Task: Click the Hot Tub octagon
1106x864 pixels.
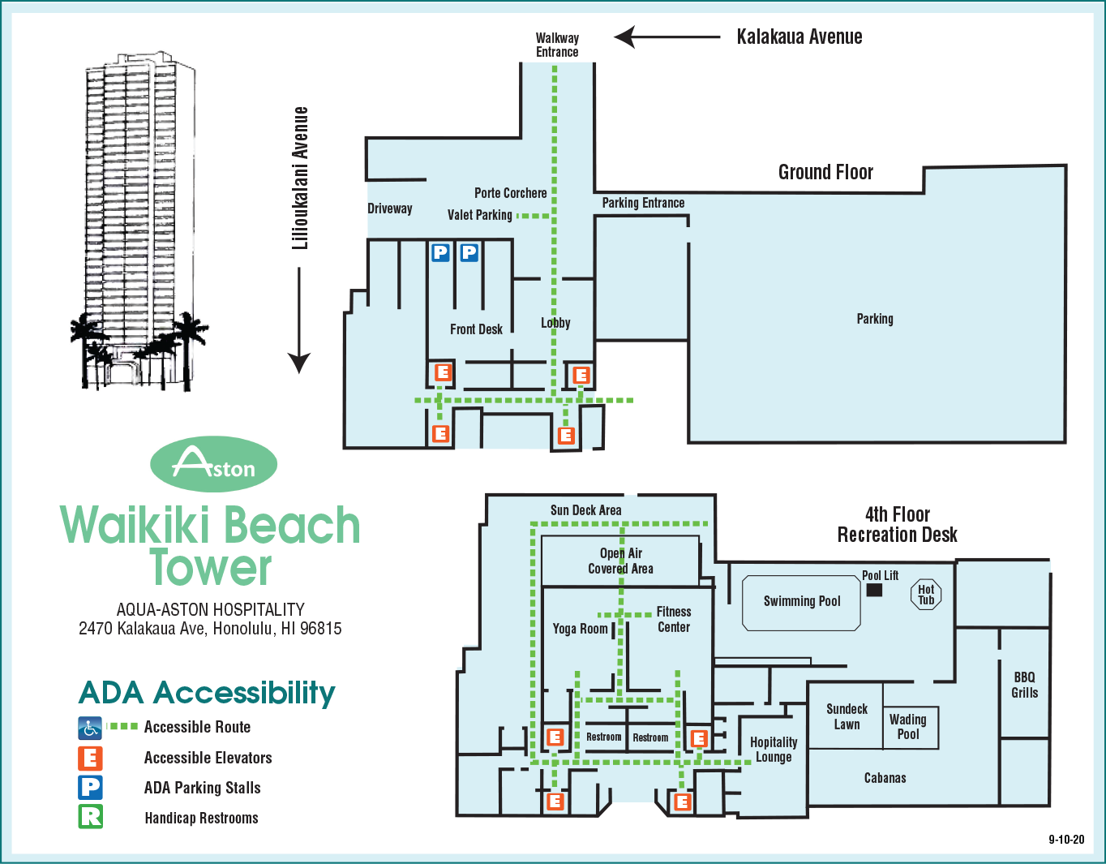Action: pyautogui.click(x=926, y=595)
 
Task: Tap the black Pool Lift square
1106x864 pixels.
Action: pyautogui.click(x=874, y=590)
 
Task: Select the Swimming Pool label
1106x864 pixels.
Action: pyautogui.click(x=802, y=601)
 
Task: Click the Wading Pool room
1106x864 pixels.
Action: pyautogui.click(x=910, y=726)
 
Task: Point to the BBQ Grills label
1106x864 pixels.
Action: pyautogui.click(x=1024, y=685)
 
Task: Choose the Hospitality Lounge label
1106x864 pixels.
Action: pyautogui.click(x=774, y=750)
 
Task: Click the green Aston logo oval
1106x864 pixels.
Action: pyautogui.click(x=214, y=464)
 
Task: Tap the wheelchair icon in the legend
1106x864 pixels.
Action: pyautogui.click(x=90, y=728)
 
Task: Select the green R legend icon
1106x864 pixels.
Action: pyautogui.click(x=90, y=816)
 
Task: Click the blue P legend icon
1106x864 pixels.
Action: pyautogui.click(x=90, y=787)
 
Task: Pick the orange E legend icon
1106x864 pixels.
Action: pyautogui.click(x=90, y=758)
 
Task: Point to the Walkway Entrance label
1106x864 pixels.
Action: pyautogui.click(x=557, y=45)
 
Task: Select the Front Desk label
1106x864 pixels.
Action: pyautogui.click(x=476, y=329)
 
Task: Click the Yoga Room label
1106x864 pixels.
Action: pyautogui.click(x=580, y=629)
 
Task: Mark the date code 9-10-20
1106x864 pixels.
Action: pyautogui.click(x=1065, y=840)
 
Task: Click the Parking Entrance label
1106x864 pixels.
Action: pyautogui.click(x=643, y=203)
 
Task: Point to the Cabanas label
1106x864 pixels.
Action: pyautogui.click(x=885, y=778)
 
